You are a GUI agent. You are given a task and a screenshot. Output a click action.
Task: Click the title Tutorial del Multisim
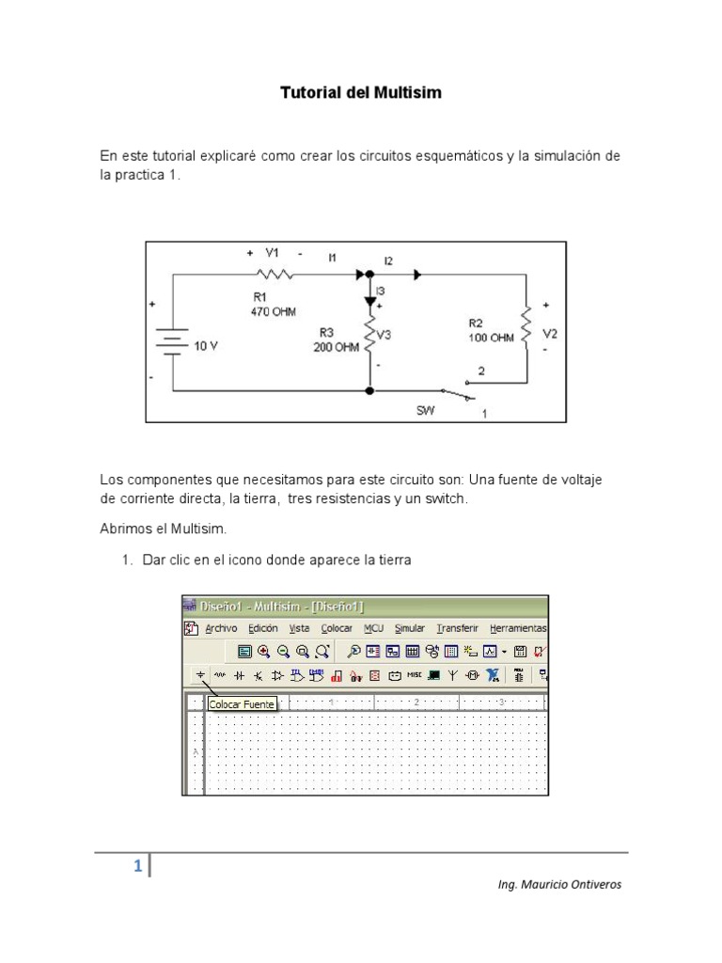(x=360, y=93)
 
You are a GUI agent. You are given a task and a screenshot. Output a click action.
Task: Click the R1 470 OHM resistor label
(x=272, y=305)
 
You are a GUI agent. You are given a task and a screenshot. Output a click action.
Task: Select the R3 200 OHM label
(x=336, y=339)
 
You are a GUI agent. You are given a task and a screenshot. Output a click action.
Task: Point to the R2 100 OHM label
(x=491, y=330)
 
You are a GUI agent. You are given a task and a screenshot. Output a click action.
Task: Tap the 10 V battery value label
(x=206, y=346)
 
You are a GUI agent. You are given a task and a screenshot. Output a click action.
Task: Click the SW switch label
(x=426, y=411)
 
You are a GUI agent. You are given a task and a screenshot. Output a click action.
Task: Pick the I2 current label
(x=388, y=260)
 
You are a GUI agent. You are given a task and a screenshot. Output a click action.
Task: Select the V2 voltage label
(x=550, y=334)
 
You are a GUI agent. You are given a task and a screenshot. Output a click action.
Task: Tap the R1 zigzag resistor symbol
(x=274, y=275)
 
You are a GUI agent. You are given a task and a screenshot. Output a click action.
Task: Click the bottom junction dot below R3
(x=369, y=390)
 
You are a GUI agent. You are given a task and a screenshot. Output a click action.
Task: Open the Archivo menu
(x=221, y=628)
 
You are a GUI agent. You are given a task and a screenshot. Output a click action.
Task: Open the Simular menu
(x=409, y=628)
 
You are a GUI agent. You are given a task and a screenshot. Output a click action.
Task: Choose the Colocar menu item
(x=337, y=628)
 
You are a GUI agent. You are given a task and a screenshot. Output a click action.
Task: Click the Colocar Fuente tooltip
(x=242, y=704)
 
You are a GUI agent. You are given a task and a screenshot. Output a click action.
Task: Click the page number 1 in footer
(x=137, y=867)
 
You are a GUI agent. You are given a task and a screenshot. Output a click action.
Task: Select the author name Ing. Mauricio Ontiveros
(x=558, y=884)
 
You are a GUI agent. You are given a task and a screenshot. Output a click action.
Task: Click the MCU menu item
(x=373, y=628)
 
